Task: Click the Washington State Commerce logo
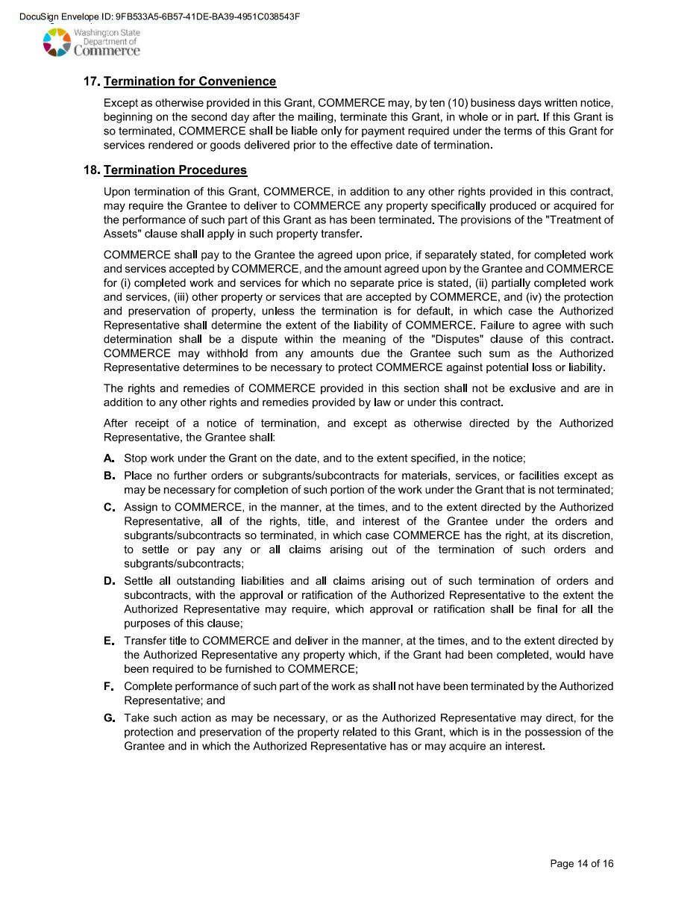click(x=91, y=43)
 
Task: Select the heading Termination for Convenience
click(x=189, y=81)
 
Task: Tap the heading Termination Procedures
click(x=175, y=170)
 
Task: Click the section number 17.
click(x=92, y=81)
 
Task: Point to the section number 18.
click(x=92, y=170)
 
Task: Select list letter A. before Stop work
click(x=109, y=458)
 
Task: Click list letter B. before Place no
click(x=109, y=476)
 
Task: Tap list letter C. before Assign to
click(x=109, y=508)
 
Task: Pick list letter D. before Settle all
click(x=109, y=581)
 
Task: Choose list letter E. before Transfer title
click(x=109, y=641)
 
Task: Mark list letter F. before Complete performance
click(x=109, y=686)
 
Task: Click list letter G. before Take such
click(x=109, y=718)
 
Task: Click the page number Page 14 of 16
click(x=582, y=864)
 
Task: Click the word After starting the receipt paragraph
click(x=118, y=423)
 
